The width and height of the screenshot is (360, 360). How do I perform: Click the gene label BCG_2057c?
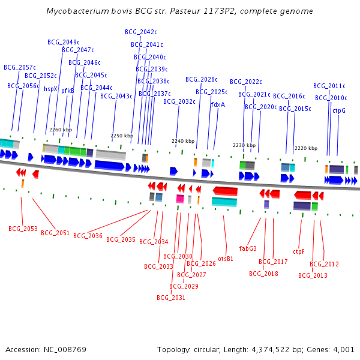[x=20, y=67]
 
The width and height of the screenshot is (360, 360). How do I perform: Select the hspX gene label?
[x=50, y=89]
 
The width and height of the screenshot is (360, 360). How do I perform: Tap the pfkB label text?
[x=68, y=91]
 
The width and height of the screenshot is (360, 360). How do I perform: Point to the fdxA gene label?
[x=218, y=104]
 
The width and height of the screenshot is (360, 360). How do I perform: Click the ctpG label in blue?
[x=339, y=110]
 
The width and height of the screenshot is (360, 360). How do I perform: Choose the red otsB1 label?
[x=226, y=259]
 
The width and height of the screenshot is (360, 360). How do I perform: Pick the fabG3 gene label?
[x=248, y=248]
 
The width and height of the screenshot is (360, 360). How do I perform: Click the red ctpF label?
[x=299, y=251]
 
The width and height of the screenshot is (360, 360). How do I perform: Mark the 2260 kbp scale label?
[x=61, y=130]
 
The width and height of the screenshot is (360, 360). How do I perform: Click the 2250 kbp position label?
[x=121, y=136]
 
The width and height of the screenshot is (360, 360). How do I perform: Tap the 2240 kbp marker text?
[x=183, y=141]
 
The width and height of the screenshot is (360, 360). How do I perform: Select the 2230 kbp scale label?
[x=244, y=145]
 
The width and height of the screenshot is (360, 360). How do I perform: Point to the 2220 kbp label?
[x=305, y=148]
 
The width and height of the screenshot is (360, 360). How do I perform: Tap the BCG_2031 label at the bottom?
[x=171, y=297]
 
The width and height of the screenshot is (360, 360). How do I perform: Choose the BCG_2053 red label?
[x=23, y=229]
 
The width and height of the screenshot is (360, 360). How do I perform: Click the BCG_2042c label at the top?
[x=141, y=32]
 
